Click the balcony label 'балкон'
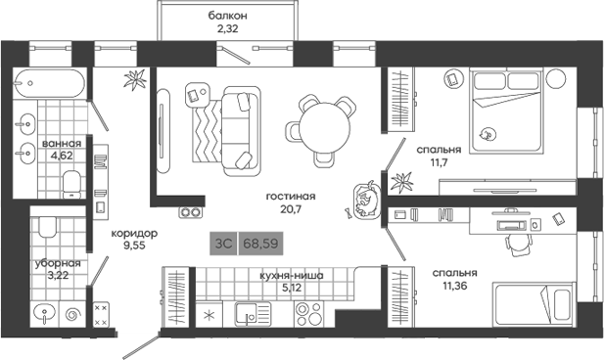pos(227,16)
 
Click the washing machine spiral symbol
pos(73,315)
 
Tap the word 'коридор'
pos(133,233)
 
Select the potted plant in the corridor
pos(140,82)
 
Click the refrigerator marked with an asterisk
pos(208,316)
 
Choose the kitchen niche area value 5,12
pos(288,288)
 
